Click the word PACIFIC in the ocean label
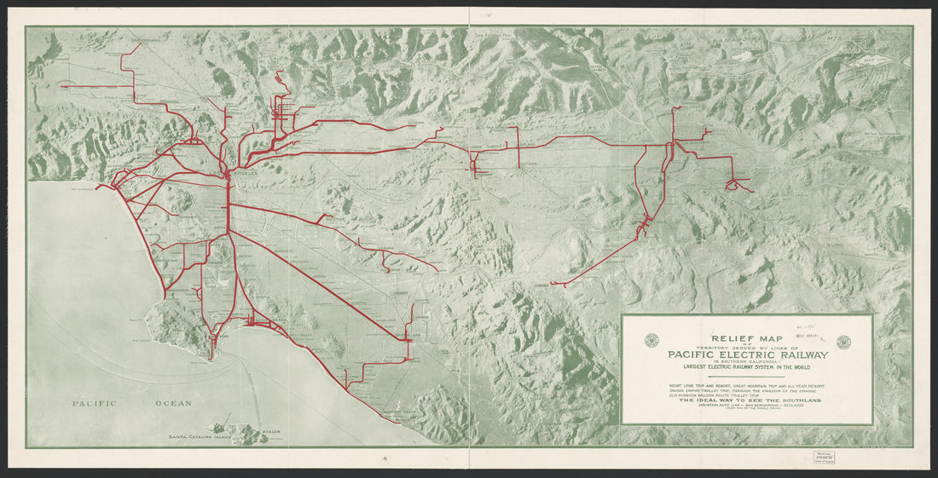point(94,404)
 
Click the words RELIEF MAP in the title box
point(747,338)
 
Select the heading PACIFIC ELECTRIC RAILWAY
point(746,356)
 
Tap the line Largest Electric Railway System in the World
point(746,367)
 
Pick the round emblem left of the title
point(651,342)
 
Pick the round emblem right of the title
point(843,342)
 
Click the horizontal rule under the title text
point(746,376)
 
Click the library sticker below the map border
point(914,455)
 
